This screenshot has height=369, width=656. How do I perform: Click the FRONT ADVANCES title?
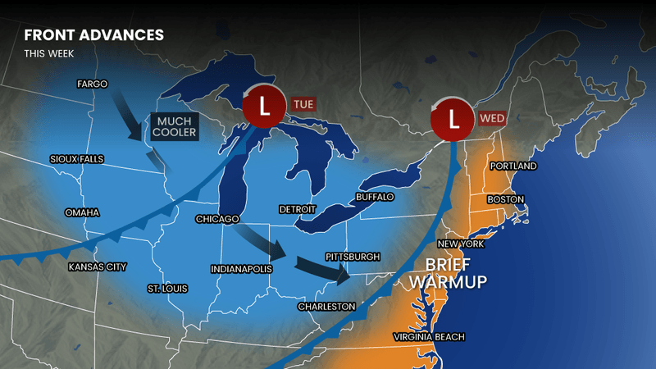tap(93, 35)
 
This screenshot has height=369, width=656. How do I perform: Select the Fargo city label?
tap(93, 84)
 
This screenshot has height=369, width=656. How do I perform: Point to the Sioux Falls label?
tap(76, 158)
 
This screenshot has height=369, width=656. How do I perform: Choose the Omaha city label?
tap(82, 212)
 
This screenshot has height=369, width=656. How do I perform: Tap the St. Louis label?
tap(167, 289)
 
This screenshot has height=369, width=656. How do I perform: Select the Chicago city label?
tap(216, 219)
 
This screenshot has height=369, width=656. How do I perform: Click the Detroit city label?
tap(298, 209)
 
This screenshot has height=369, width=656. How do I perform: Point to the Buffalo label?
tap(375, 198)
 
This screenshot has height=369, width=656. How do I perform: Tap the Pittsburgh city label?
tap(353, 257)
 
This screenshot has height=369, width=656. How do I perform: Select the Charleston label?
tap(326, 306)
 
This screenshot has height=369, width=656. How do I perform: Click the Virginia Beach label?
tap(429, 337)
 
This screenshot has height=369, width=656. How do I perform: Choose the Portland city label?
tap(512, 166)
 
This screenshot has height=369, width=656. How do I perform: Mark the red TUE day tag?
tap(304, 104)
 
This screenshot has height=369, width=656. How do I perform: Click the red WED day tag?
tap(491, 118)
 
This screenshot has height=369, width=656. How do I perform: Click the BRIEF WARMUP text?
tap(448, 274)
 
